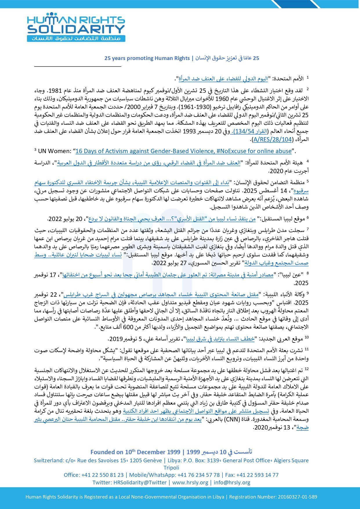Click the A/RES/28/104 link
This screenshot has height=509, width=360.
point(272,140)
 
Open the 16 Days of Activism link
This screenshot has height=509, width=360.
point(183,151)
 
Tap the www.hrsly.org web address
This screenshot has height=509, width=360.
point(190,482)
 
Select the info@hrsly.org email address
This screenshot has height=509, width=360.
point(232,482)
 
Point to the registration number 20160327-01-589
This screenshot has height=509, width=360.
point(297,497)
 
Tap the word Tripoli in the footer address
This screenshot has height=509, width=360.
point(171,468)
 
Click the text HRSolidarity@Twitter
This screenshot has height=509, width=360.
point(140,482)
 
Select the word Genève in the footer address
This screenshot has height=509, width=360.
point(151,460)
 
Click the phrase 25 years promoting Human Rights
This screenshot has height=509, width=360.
point(147,58)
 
